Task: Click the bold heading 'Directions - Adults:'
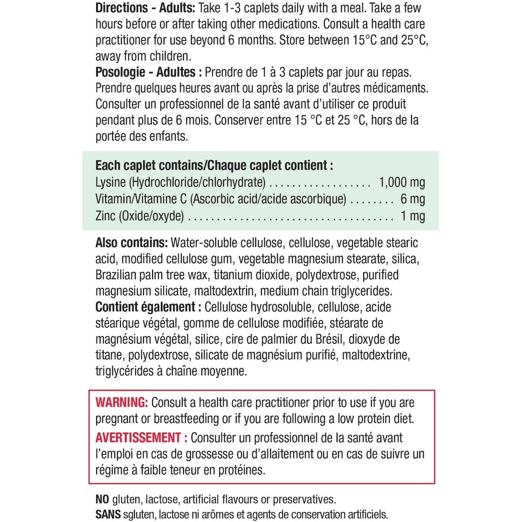coord(146,8)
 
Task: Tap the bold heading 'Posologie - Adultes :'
coord(148,72)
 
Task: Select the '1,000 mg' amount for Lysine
coord(402,182)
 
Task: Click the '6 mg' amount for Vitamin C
coord(412,199)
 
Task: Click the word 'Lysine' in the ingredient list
coord(110,182)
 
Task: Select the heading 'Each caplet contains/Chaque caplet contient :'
coord(214,166)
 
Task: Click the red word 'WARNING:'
coord(122,402)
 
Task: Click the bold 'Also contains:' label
coord(131,243)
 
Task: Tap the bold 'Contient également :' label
coord(148,307)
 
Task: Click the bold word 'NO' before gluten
coord(102,499)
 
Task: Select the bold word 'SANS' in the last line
coord(108,515)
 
